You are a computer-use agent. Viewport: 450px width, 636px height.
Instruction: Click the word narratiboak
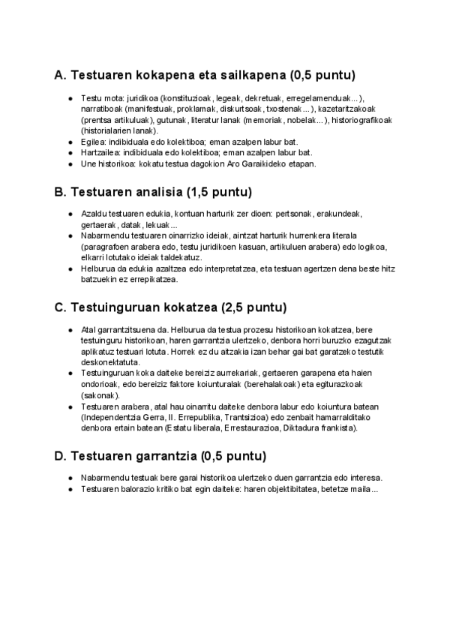coord(101,109)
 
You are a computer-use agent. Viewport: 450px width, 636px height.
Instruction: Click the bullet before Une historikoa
coord(69,163)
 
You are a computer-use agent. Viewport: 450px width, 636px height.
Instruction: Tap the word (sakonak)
coord(100,395)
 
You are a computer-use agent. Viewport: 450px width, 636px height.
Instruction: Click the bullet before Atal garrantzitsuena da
coord(69,330)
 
